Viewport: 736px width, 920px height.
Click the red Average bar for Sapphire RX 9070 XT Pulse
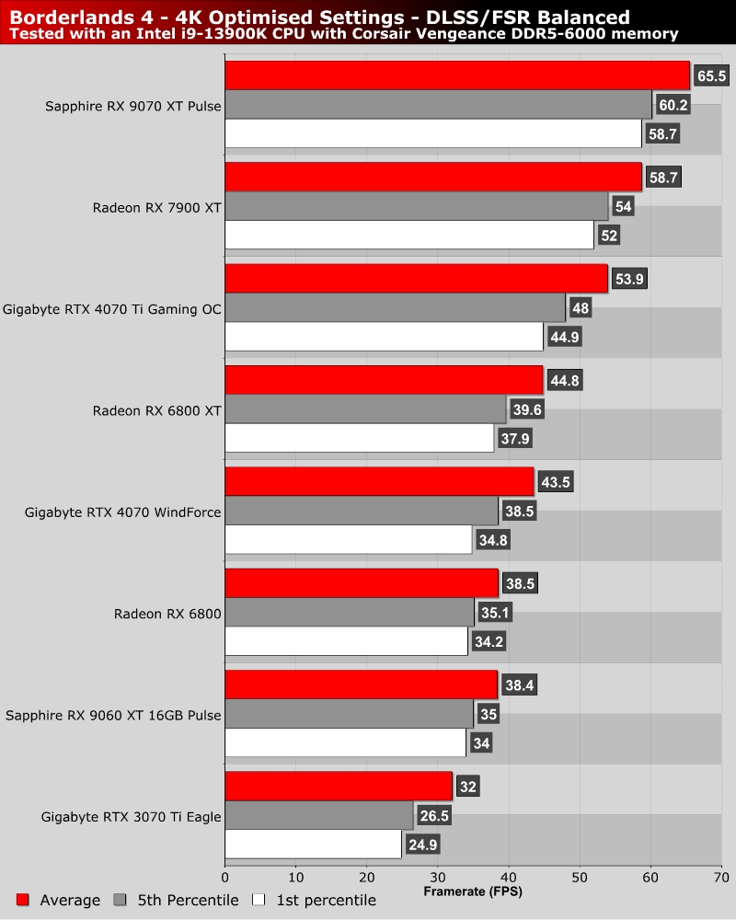457,75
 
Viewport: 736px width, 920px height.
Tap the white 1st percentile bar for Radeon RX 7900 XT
409,235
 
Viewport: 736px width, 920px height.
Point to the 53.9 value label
630,279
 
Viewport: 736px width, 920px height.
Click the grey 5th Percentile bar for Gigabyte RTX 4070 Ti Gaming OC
395,307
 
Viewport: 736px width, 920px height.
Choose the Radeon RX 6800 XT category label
156,410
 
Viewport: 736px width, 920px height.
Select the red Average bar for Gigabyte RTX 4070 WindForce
379,481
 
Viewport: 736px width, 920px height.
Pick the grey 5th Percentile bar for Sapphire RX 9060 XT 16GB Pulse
349,714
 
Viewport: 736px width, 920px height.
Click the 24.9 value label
421,844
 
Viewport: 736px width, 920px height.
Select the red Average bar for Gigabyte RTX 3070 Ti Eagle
339,786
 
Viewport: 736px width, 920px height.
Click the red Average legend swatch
23,900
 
